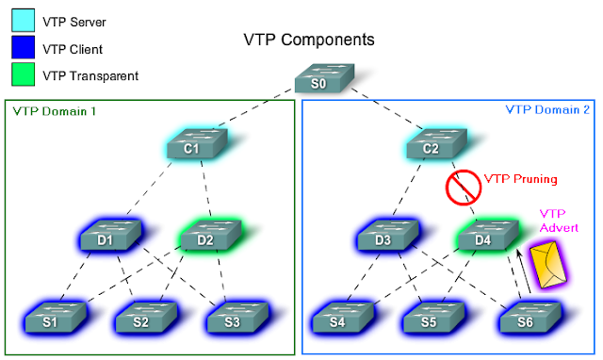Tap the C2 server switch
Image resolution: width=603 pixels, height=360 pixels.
[431, 146]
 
